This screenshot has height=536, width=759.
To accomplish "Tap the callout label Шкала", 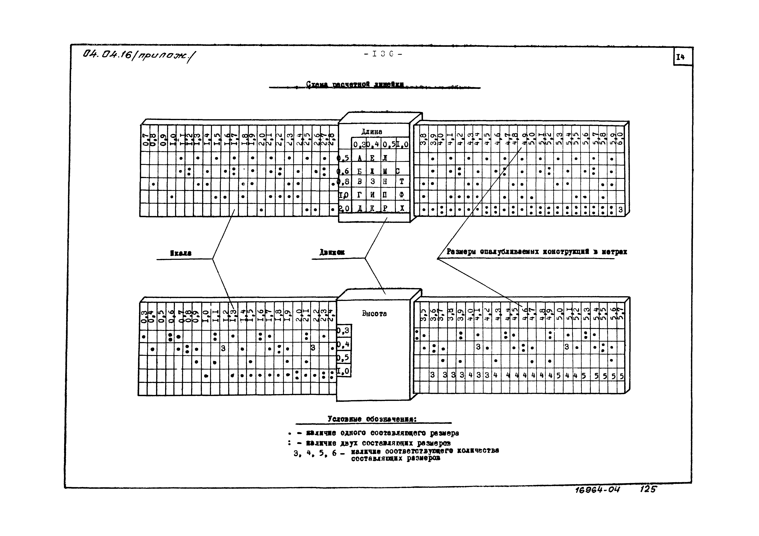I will point(181,253).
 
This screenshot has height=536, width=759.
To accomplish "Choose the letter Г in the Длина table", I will point(359,195).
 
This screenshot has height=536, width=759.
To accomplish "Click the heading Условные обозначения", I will point(372,419).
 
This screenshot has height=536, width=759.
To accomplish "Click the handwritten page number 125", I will point(648,489).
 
